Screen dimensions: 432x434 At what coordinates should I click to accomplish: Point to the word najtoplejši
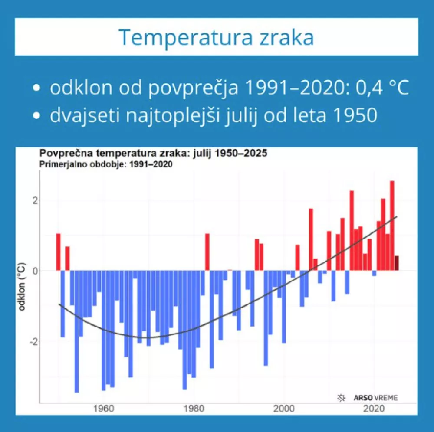(x=190, y=115)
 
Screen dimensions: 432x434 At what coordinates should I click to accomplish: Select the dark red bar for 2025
(x=397, y=263)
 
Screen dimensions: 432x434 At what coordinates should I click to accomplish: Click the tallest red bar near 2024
(x=392, y=226)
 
